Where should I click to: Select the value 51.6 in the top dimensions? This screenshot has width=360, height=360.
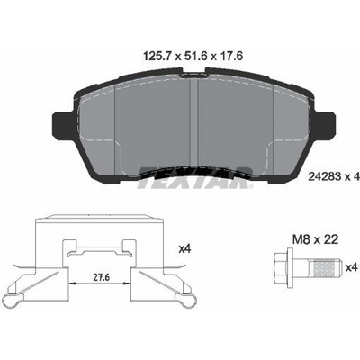click(194, 56)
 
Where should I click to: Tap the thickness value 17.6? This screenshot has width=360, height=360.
click(230, 56)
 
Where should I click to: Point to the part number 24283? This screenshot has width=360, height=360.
click(325, 177)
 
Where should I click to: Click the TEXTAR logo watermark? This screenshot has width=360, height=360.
click(195, 177)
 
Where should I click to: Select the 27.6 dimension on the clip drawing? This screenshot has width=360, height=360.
click(101, 277)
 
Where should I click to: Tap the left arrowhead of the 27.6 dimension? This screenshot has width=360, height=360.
click(71, 283)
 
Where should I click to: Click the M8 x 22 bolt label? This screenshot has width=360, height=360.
click(315, 239)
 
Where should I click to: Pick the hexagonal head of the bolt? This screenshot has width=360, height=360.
click(281, 268)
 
